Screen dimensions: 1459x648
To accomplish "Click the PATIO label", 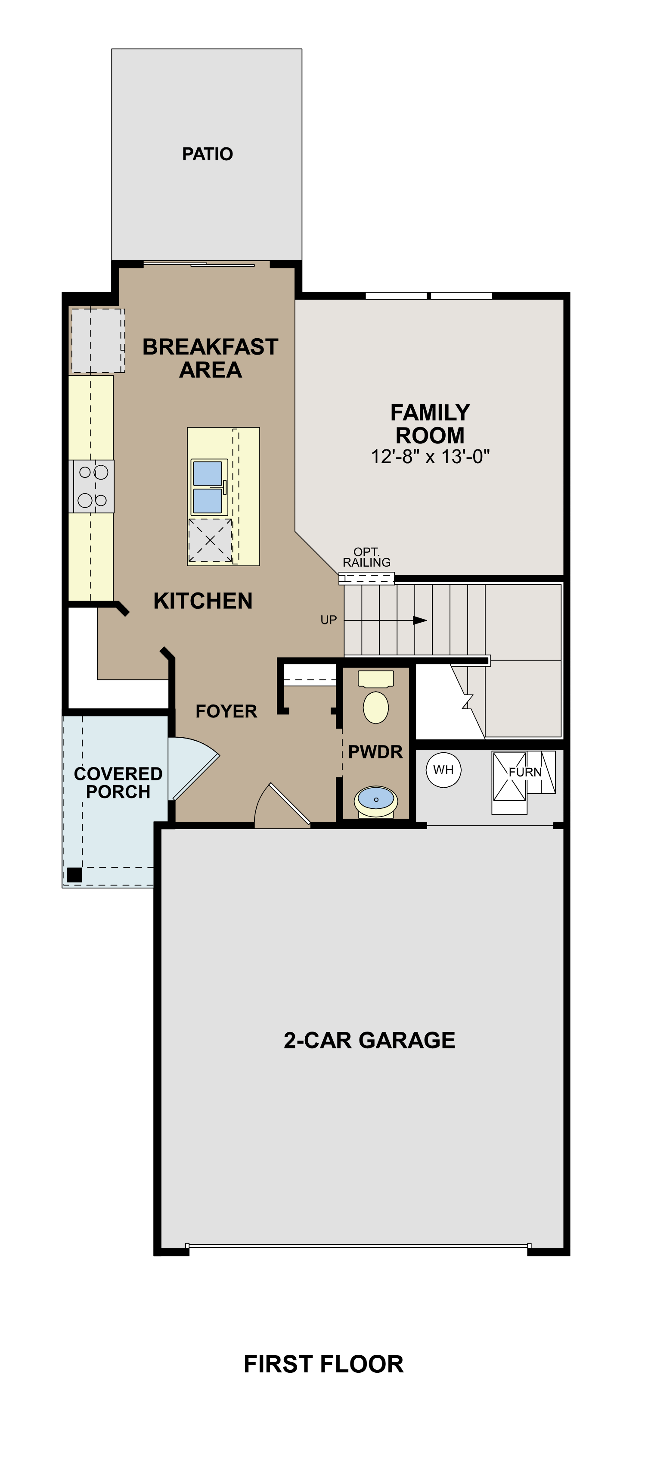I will point(207,154).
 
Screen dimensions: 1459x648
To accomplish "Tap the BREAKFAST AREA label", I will point(210,358).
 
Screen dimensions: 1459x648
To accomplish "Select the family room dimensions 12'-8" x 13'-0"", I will point(430,456).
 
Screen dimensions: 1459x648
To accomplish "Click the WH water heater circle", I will point(443,770).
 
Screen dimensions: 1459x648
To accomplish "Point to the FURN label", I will point(524,772).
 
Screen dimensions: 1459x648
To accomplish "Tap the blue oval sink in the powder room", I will point(376,798).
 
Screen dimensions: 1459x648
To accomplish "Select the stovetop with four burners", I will point(92,486).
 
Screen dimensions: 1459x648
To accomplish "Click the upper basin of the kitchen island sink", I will point(208,474).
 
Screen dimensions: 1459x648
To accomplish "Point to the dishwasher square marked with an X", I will point(210,540).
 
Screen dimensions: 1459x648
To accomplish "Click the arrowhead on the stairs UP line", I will point(419,620).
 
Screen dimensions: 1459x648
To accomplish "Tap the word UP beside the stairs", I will point(328,620).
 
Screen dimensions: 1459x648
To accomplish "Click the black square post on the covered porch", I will point(74,875).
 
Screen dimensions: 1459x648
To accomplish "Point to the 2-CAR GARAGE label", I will point(369,1041).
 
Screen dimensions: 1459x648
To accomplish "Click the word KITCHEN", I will point(203,601).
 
